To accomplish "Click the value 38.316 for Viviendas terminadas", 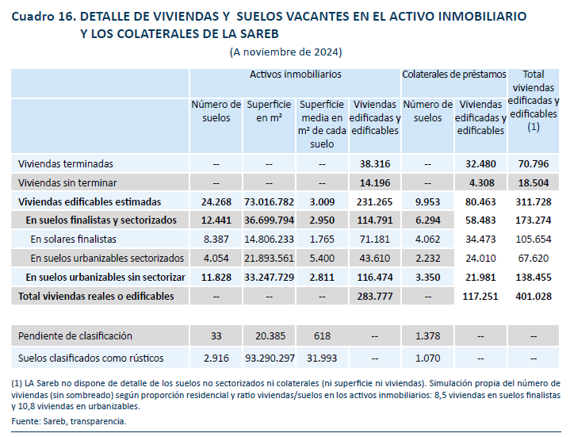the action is (375, 164).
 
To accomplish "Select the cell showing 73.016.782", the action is (269, 202).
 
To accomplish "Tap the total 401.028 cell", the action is (534, 297).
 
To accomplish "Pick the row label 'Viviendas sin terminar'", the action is (67, 183).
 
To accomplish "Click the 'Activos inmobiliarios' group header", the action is (295, 75).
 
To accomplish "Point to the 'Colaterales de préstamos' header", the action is (454, 75).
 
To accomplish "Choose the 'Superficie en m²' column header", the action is (269, 111).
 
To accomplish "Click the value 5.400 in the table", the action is (322, 259).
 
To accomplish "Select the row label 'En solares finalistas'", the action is (74, 240).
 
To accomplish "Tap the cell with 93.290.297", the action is (270, 358).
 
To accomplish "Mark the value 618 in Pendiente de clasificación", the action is (322, 336).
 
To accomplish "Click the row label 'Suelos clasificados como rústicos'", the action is (91, 358).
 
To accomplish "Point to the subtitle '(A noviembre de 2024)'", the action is (285, 52).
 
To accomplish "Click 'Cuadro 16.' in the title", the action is (44, 17).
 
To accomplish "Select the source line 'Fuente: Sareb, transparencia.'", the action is (69, 421).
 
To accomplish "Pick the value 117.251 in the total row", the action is (480, 297).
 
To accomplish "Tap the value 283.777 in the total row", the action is (375, 297).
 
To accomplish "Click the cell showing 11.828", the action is (216, 278).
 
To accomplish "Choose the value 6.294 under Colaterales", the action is (427, 220).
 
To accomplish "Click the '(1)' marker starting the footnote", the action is (17, 384).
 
